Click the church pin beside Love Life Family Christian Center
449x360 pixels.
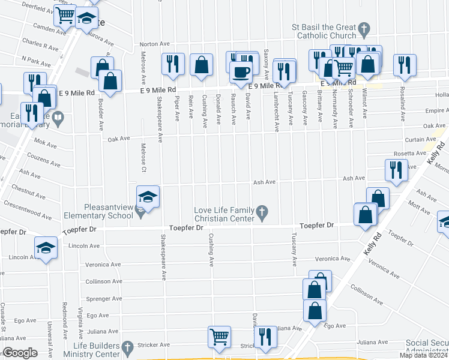(261, 211)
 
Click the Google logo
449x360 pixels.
(20, 353)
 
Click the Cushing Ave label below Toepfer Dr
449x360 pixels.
(211, 250)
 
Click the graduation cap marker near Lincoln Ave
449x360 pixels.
(46, 248)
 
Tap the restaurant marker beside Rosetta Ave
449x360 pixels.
(396, 170)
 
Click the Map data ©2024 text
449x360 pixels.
(423, 355)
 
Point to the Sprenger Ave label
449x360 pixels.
(104, 298)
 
